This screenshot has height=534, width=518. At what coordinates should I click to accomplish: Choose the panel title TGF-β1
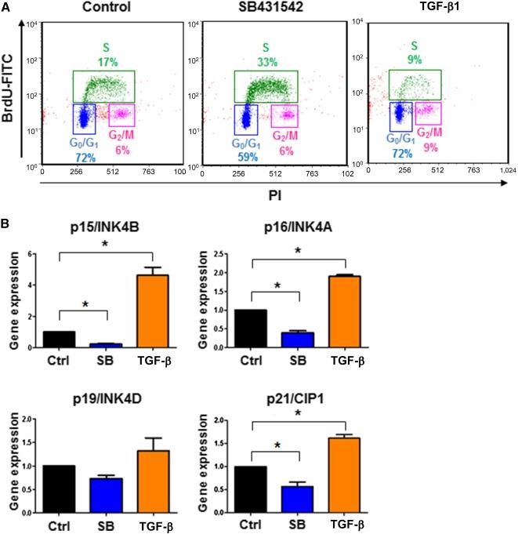point(423,9)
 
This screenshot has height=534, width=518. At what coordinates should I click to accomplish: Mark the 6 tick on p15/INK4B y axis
point(30,254)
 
